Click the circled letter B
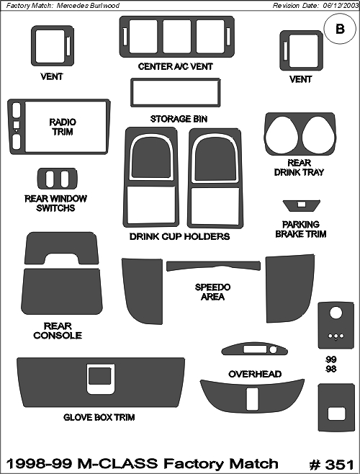340,29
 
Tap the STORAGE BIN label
179,119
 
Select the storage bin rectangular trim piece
175,80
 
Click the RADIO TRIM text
63,127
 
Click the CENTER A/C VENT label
175,66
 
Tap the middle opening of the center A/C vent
177,37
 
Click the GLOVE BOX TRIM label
99,418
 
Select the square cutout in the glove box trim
100,376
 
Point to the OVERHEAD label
255,375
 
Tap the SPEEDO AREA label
212,292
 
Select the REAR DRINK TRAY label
299,167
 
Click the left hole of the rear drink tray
282,135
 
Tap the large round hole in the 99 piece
336,313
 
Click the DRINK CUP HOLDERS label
179,236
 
